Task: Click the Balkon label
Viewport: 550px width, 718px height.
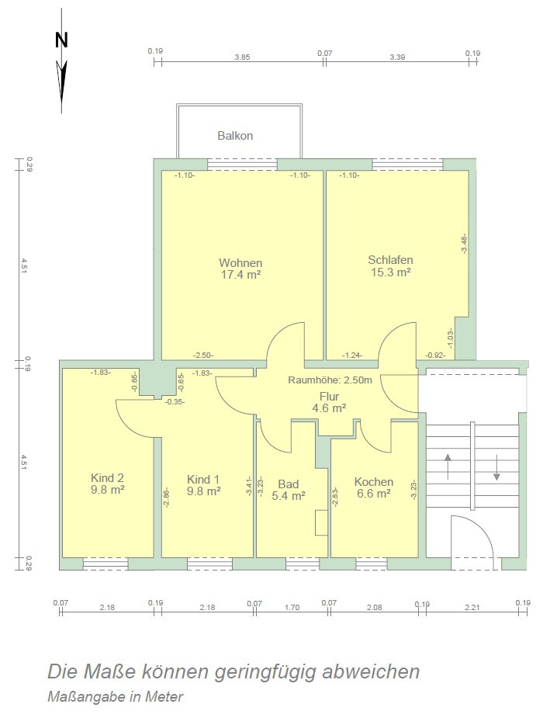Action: click(x=235, y=136)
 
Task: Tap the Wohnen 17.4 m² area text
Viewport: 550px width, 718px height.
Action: click(x=240, y=269)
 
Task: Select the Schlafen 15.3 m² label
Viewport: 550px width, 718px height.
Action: click(x=390, y=266)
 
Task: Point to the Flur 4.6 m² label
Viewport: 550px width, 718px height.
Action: click(x=329, y=403)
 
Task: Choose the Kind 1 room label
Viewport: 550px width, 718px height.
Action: click(x=203, y=485)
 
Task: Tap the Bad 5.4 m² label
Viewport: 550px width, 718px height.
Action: click(x=289, y=490)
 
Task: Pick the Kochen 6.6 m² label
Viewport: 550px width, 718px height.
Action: click(x=374, y=487)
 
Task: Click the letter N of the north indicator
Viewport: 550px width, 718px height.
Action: click(x=61, y=40)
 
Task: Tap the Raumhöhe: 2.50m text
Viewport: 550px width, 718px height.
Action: click(x=330, y=380)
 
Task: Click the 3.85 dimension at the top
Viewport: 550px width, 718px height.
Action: click(x=242, y=57)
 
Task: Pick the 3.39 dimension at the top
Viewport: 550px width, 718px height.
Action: click(x=397, y=57)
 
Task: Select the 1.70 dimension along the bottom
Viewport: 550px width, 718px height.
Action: click(x=292, y=608)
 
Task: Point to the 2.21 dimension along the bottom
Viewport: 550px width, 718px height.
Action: click(x=472, y=608)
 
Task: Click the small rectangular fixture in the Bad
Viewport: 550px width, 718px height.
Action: click(x=321, y=522)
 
